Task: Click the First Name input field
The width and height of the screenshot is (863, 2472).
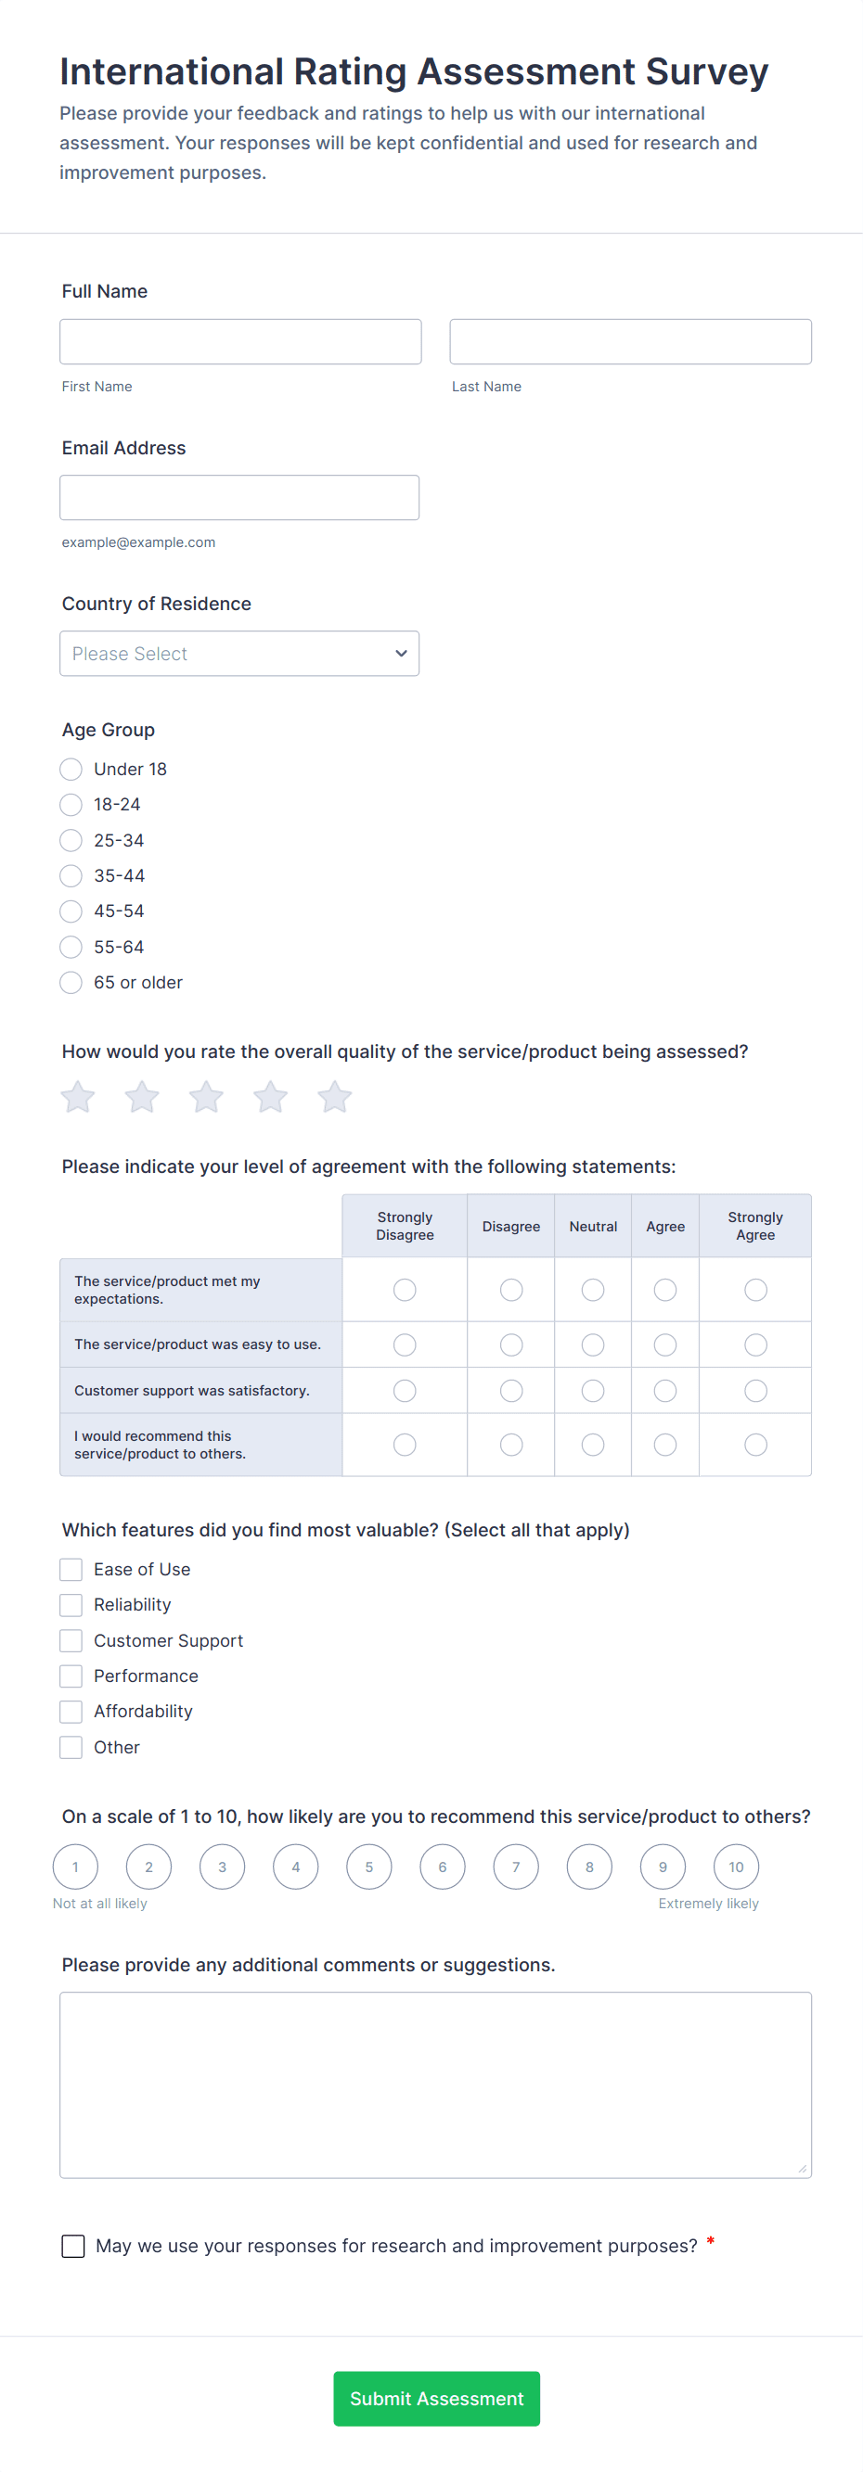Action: pos(240,341)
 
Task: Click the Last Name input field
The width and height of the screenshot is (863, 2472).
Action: pos(630,341)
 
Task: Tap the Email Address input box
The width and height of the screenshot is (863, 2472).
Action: pos(239,498)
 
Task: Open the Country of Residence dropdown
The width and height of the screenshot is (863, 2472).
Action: pos(239,654)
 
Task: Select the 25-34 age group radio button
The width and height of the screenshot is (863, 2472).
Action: pos(71,841)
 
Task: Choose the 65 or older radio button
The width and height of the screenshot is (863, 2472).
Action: pos(71,983)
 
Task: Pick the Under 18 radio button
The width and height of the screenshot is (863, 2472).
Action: pos(71,770)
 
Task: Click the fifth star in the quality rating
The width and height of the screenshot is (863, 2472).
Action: pos(334,1097)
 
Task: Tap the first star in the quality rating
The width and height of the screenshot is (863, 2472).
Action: pos(78,1097)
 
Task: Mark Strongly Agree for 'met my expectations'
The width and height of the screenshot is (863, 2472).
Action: pos(755,1290)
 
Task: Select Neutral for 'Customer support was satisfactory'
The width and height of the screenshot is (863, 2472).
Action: pos(593,1391)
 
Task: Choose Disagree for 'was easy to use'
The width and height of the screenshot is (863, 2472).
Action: pos(511,1345)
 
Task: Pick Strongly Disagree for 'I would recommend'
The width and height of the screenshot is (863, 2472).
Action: pos(406,1445)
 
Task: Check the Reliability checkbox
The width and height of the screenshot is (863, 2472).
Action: pos(71,1604)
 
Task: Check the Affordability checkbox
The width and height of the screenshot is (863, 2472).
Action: pos(71,1711)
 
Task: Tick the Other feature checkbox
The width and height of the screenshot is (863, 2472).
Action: pos(71,1748)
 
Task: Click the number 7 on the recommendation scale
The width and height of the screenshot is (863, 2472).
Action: pos(516,1867)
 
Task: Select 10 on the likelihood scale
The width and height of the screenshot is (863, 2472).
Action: pos(736,1867)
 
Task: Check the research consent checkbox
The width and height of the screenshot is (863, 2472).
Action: pos(74,2246)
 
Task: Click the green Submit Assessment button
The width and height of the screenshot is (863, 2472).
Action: pos(437,2398)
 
